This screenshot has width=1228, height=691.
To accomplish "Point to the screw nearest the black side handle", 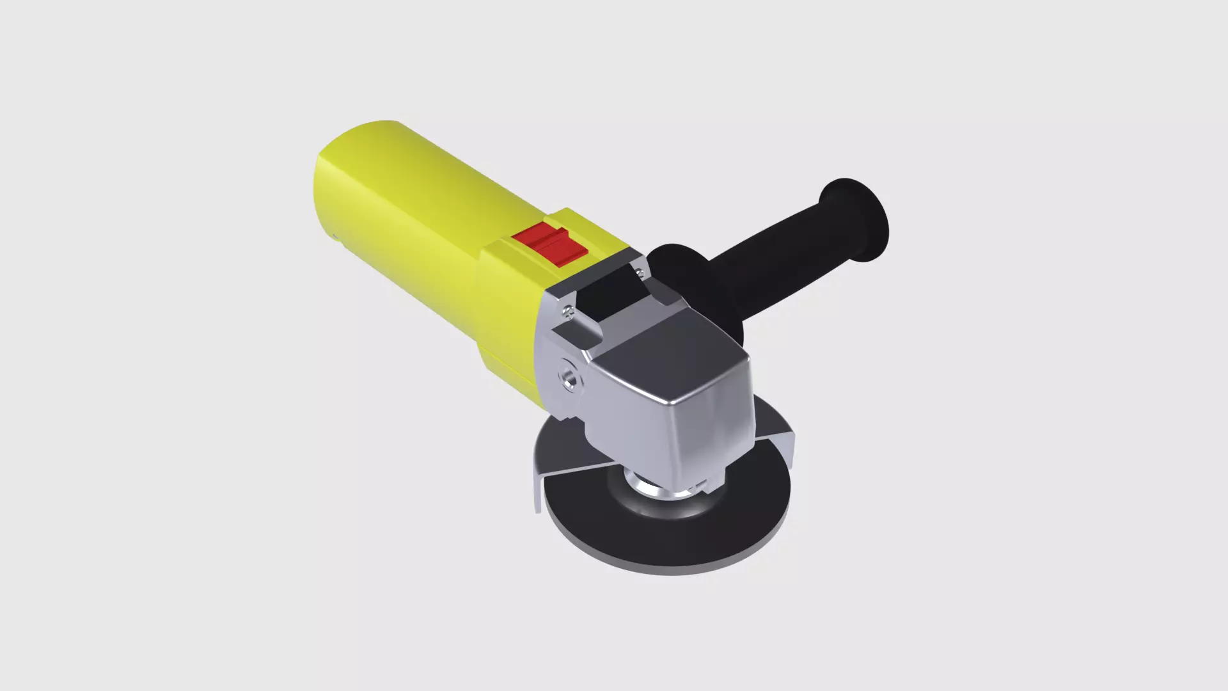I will tap(640, 273).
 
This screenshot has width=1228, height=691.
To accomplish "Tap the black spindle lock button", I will tap(614, 288).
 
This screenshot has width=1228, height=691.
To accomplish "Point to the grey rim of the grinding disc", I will tap(672, 570).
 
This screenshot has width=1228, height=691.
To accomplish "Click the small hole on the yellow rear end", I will tap(335, 237).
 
